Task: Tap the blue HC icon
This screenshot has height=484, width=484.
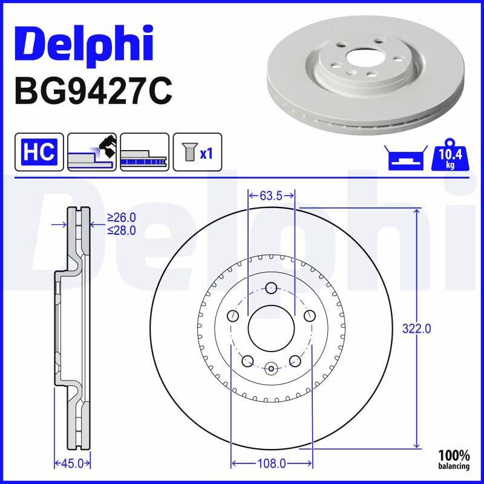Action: click(x=39, y=151)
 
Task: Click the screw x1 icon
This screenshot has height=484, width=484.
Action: click(x=198, y=151)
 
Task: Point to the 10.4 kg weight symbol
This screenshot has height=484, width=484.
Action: click(x=450, y=157)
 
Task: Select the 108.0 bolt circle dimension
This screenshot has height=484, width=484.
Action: click(x=272, y=463)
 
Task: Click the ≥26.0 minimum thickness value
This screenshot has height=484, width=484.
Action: click(x=121, y=217)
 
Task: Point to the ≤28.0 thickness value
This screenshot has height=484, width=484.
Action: click(x=121, y=230)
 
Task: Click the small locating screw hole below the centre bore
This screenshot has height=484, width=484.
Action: click(x=271, y=367)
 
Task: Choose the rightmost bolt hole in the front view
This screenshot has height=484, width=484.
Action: click(x=310, y=315)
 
